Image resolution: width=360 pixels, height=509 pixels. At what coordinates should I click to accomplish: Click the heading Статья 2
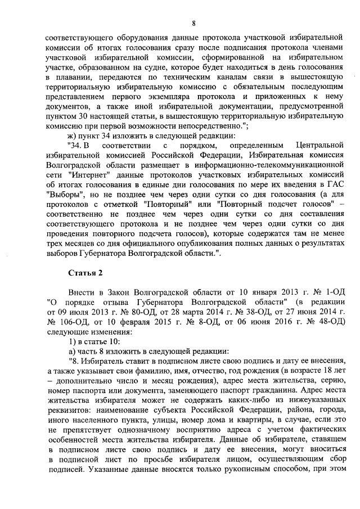pyautogui.click(x=84, y=273)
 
